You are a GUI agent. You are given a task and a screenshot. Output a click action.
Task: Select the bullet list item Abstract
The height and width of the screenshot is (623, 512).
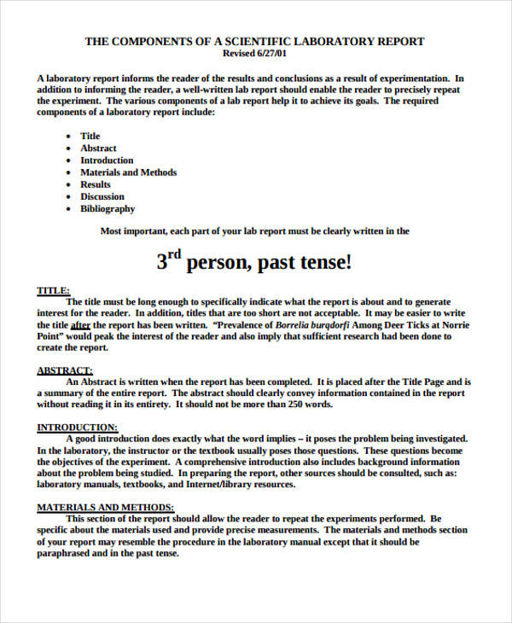pos(98,148)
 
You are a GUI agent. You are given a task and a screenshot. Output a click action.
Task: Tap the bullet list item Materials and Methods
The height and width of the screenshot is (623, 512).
pos(128,172)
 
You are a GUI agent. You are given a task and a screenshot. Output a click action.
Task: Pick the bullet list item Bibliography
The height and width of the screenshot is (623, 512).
pos(108,208)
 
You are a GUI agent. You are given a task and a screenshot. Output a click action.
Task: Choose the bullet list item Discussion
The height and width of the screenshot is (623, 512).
pos(102,196)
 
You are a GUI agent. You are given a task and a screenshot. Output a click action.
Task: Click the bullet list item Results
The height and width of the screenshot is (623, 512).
pos(96,184)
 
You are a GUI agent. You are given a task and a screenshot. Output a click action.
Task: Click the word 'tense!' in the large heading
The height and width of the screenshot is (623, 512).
pos(322,263)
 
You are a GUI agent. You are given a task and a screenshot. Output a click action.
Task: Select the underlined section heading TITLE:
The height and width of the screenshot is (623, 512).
pos(53,290)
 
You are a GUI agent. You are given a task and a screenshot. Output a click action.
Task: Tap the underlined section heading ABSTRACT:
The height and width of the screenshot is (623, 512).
pos(64,370)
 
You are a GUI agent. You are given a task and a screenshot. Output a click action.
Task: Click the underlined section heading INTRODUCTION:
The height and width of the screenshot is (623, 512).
pos(77,427)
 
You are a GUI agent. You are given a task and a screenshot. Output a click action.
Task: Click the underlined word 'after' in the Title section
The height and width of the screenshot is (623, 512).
pos(80,325)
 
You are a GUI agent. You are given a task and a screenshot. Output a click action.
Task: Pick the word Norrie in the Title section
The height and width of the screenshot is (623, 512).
pos(452,325)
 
